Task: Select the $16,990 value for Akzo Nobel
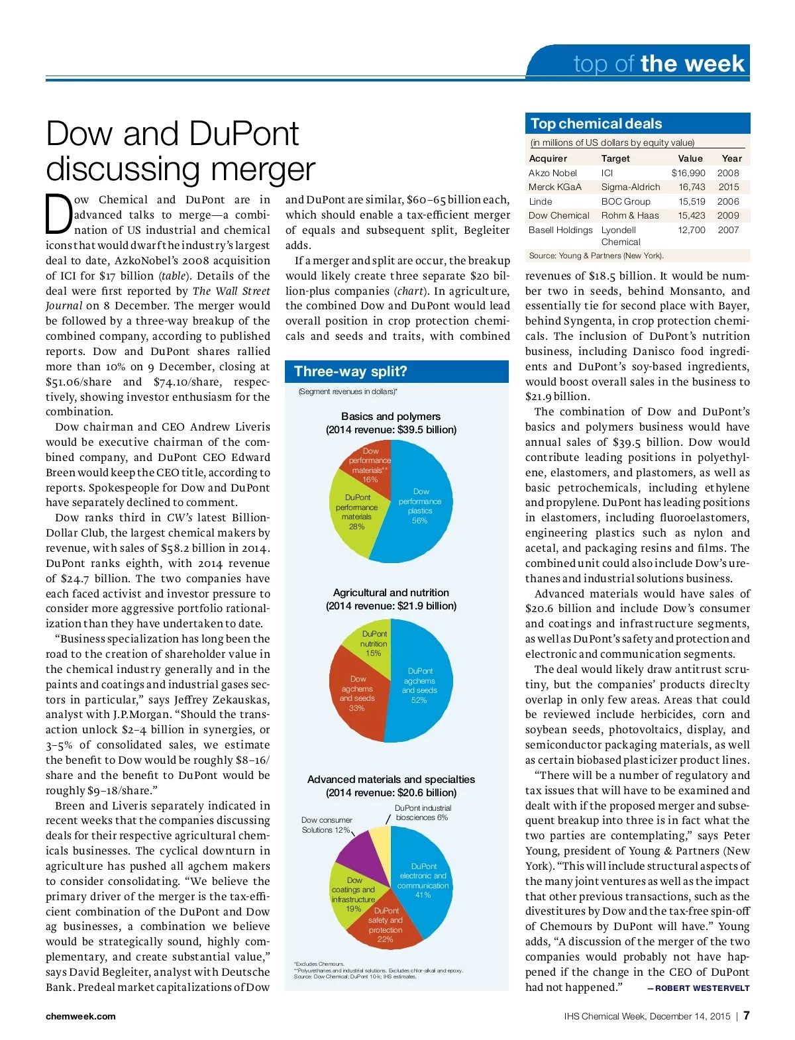point(688,173)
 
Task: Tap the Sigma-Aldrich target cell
point(630,187)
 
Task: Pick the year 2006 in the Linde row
point(727,201)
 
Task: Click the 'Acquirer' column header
point(548,158)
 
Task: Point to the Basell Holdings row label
point(560,230)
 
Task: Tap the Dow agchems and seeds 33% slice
point(357,693)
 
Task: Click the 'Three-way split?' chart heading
point(350,372)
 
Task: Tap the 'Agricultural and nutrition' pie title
point(391,592)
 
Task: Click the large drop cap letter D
point(58,214)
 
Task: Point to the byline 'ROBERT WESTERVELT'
point(702,988)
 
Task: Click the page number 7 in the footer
point(746,1015)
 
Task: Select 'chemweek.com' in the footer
point(80,1016)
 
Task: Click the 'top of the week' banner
point(659,64)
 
